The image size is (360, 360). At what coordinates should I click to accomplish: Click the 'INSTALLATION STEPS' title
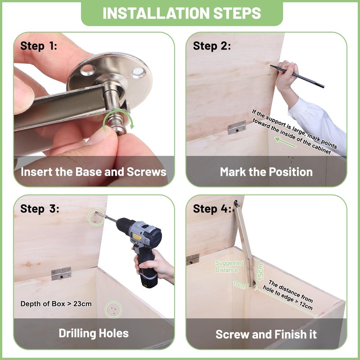(182, 13)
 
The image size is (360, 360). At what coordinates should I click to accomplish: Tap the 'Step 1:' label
(39, 46)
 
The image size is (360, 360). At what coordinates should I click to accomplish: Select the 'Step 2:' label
(211, 46)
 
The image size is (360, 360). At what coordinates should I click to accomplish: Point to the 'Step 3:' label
(40, 209)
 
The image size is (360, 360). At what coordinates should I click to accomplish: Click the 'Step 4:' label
(212, 209)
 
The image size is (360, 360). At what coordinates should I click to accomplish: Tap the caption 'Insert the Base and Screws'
(94, 172)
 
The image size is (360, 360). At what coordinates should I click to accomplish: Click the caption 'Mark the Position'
(266, 172)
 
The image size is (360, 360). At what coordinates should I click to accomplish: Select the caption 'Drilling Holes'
(94, 333)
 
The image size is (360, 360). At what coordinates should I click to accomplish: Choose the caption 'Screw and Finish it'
(266, 334)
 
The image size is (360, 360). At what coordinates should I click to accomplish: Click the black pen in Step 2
(297, 76)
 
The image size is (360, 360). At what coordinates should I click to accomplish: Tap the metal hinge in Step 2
(237, 127)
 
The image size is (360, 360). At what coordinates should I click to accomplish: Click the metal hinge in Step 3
(61, 274)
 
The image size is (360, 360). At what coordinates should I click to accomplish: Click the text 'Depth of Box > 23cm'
(56, 304)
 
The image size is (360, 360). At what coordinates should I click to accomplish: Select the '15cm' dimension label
(261, 272)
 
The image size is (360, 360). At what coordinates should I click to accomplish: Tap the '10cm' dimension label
(239, 285)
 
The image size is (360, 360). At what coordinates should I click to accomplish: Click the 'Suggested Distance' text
(229, 266)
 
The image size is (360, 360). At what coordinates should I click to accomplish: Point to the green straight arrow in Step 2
(285, 142)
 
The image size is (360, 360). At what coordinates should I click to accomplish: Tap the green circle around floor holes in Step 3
(113, 310)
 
